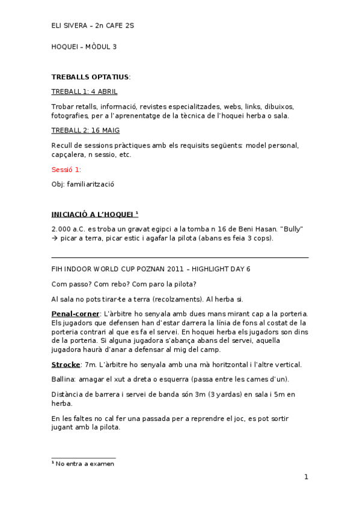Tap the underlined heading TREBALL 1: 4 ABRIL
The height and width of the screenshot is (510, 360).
point(84,91)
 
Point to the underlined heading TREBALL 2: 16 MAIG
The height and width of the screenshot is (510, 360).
point(84,130)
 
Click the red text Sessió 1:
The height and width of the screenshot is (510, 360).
point(67,170)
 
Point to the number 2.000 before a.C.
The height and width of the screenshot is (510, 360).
point(63,229)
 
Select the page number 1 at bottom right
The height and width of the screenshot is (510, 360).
point(306,478)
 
